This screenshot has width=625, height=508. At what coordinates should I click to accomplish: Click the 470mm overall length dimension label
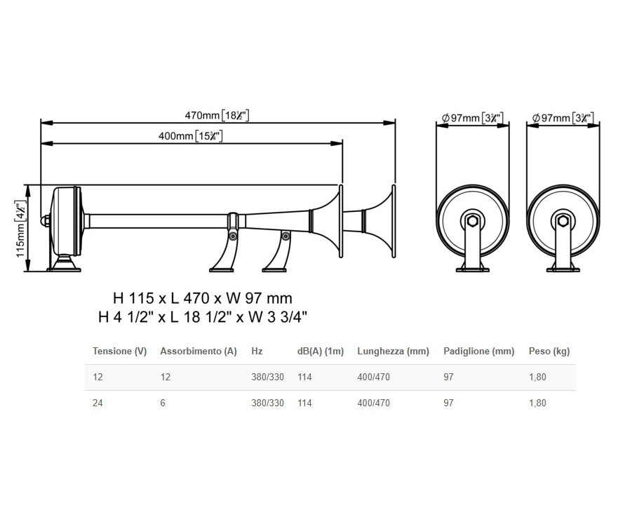pyautogui.click(x=217, y=115)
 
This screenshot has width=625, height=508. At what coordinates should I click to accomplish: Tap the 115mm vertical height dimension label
pyautogui.click(x=20, y=228)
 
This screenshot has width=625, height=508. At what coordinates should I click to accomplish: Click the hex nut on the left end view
pyautogui.click(x=473, y=222)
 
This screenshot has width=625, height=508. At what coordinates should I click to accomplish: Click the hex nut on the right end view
pyautogui.click(x=563, y=222)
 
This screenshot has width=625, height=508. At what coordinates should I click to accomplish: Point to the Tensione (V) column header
pyautogui.click(x=119, y=351)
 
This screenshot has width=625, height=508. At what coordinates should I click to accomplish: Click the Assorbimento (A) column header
pyautogui.click(x=199, y=351)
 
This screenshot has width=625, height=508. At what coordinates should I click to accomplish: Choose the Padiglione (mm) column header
pyautogui.click(x=478, y=351)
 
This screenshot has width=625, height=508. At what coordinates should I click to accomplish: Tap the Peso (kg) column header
pyautogui.click(x=549, y=351)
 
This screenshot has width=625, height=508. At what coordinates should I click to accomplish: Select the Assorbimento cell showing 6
pyautogui.click(x=163, y=403)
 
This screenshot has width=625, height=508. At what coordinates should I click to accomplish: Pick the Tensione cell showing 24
pyautogui.click(x=98, y=403)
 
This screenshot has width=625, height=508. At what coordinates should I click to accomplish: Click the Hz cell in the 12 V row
pyautogui.click(x=267, y=377)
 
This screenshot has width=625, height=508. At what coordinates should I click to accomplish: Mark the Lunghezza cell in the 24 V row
pyautogui.click(x=373, y=403)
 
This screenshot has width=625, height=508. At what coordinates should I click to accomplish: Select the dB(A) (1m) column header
pyautogui.click(x=321, y=351)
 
